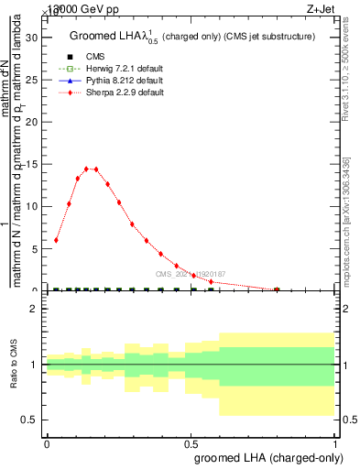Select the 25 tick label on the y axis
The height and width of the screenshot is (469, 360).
[37, 80]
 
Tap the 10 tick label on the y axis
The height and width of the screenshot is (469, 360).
[37, 206]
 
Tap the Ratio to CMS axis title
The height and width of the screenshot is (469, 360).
[15, 365]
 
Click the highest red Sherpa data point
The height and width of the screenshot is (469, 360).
[87, 169]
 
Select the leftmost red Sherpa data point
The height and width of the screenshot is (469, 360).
[57, 240]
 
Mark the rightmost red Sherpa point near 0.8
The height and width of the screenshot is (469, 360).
[277, 289]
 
